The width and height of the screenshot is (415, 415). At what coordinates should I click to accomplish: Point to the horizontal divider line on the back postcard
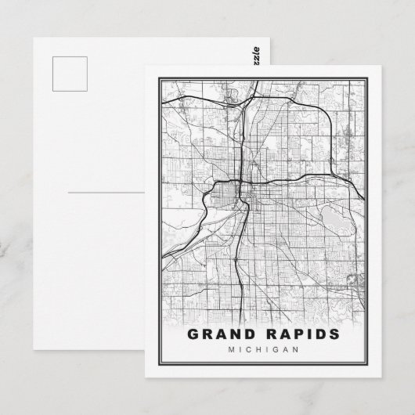(x=106, y=191)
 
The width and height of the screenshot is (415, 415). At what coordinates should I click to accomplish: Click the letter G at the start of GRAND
(x=193, y=335)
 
